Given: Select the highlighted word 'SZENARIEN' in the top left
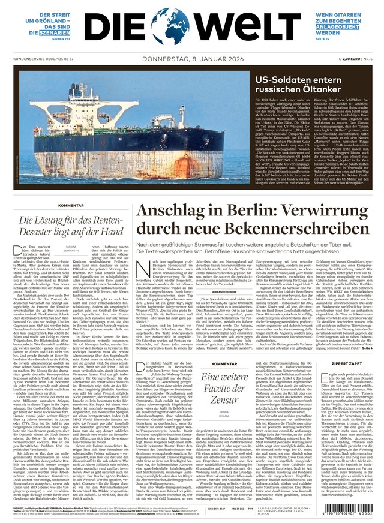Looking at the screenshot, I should coord(52,35).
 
